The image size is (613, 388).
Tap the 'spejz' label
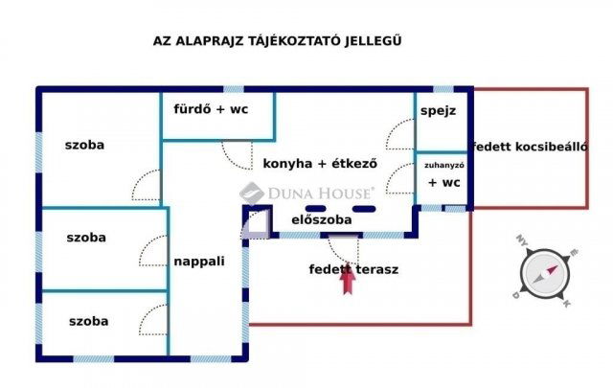tap(438, 110)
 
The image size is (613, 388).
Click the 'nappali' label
tap(199, 260)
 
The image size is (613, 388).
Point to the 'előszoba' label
tap(322, 219)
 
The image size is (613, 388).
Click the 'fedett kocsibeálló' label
tap(529, 147)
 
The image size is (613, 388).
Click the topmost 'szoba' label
tap(84, 146)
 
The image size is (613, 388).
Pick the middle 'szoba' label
tap(87, 237)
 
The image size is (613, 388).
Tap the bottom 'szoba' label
tap(87, 321)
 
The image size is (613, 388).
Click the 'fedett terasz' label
tap(353, 268)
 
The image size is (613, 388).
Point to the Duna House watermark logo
tap(306, 191)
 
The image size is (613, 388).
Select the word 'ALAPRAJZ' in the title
tap(204, 41)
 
